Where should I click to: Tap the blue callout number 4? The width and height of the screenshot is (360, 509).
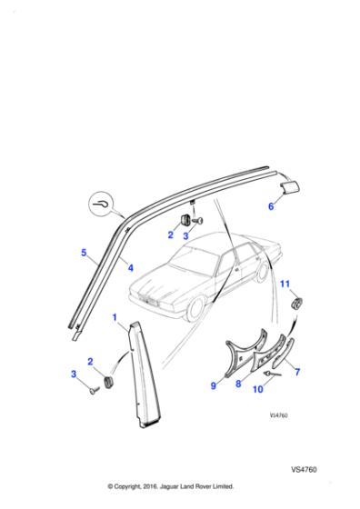[x=130, y=268]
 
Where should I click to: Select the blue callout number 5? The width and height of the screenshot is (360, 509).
[x=84, y=252]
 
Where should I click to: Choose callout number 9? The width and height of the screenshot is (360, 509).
[x=214, y=385]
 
